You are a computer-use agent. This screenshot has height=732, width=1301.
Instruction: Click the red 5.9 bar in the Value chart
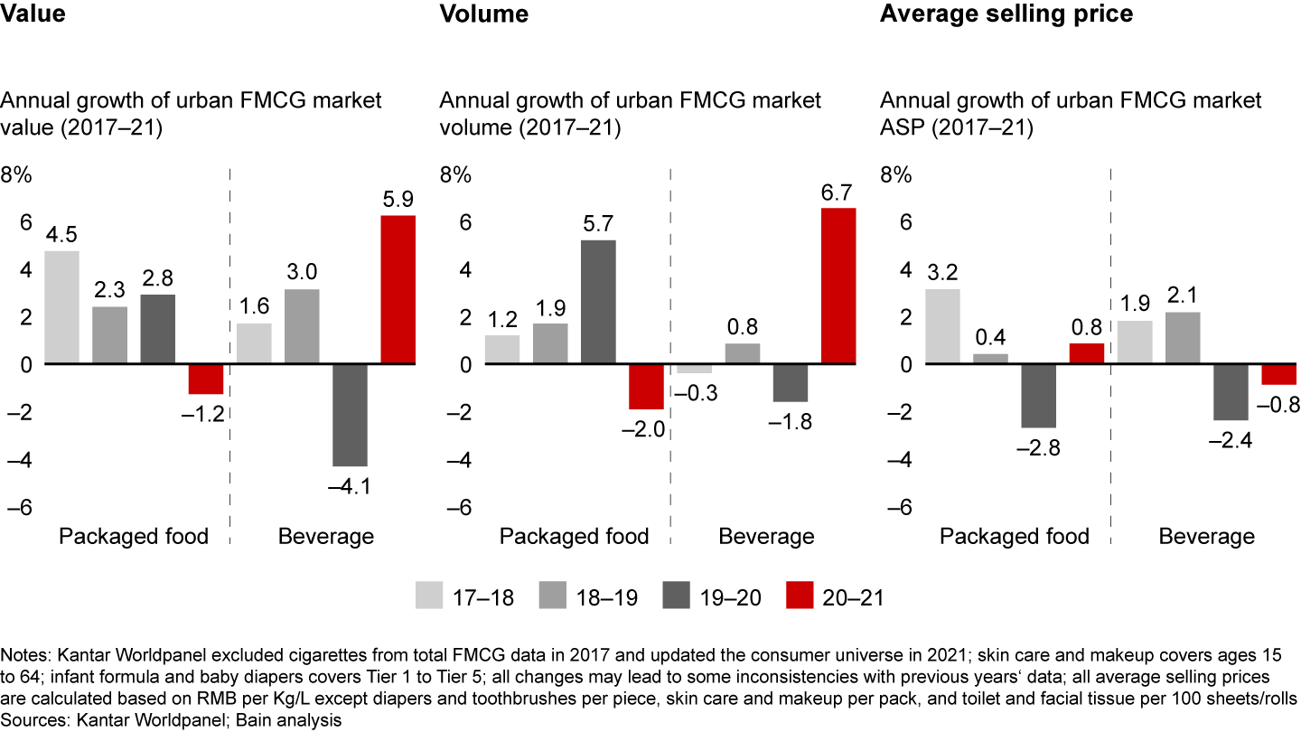398,289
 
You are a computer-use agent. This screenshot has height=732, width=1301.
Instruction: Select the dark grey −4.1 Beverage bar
350,415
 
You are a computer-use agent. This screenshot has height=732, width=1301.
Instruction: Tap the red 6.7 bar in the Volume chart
838,286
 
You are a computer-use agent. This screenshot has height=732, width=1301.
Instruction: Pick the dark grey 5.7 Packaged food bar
598,302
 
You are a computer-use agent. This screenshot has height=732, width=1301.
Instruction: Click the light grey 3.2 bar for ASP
942,326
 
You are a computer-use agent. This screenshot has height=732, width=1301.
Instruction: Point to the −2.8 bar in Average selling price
1038,396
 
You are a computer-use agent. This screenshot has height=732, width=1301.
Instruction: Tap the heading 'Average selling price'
1006,14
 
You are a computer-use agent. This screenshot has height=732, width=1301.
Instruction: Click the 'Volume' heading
484,14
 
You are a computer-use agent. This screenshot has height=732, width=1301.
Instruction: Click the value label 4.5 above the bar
61,234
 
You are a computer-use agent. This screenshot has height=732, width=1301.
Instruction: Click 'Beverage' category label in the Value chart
325,537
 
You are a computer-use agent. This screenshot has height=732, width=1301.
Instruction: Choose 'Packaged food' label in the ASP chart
1015,537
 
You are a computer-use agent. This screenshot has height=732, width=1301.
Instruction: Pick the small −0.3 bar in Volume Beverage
694,369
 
